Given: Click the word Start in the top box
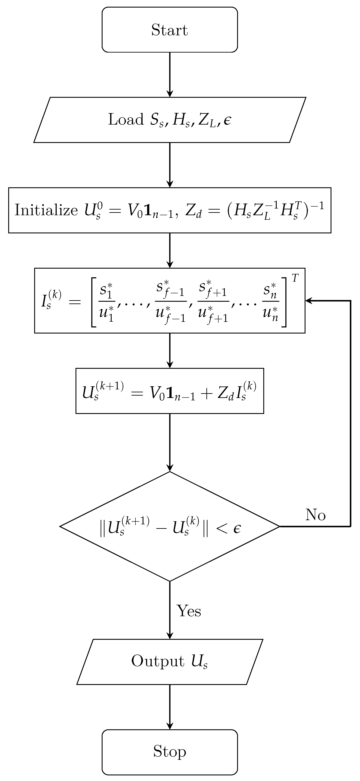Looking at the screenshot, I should point(170,30).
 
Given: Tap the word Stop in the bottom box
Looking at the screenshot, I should point(170,751).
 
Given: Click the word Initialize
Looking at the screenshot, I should point(46,210).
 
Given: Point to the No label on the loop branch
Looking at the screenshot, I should point(315,515).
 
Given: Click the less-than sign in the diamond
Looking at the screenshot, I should point(221,528).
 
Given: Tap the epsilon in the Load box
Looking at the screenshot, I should point(227,120).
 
